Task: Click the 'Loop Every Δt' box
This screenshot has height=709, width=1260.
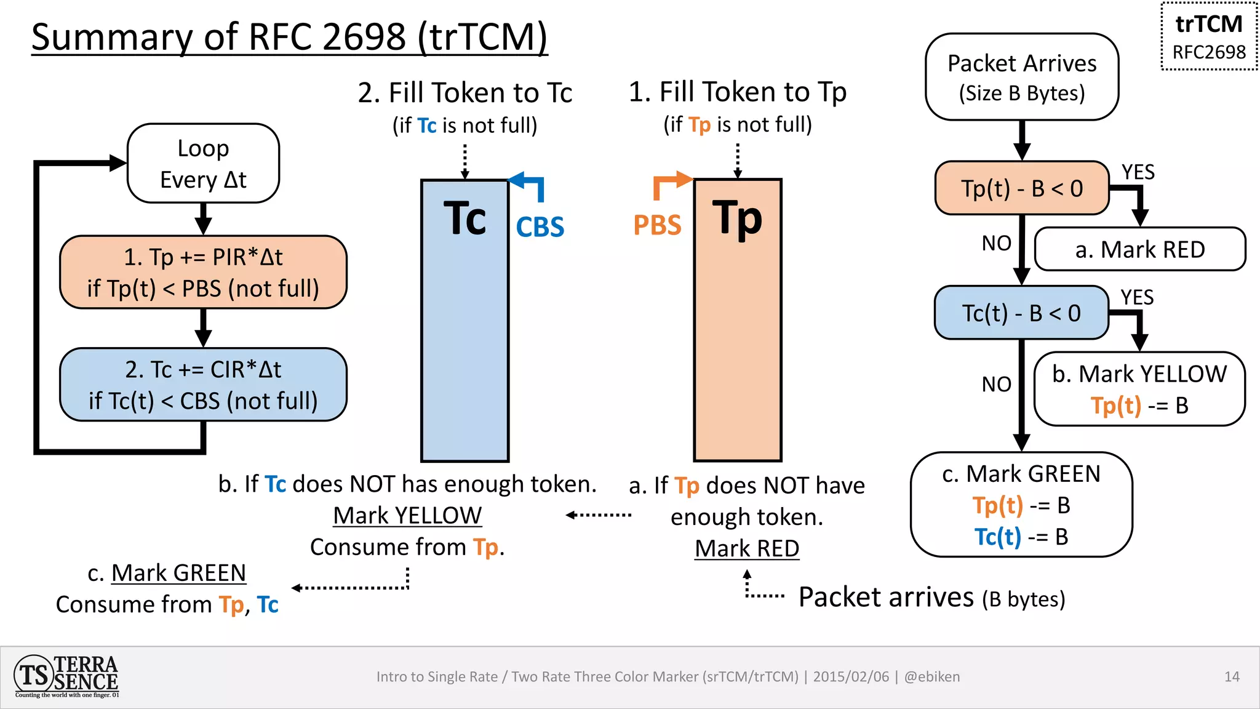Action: pyautogui.click(x=203, y=164)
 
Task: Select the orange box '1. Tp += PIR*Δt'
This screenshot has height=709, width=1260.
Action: pyautogui.click(x=203, y=272)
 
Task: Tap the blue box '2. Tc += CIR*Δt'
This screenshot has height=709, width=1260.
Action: pyautogui.click(x=203, y=385)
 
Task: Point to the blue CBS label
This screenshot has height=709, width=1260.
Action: pyautogui.click(x=540, y=227)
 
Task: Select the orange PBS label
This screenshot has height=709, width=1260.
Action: pyautogui.click(x=657, y=225)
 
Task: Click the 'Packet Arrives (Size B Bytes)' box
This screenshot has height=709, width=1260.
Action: pyautogui.click(x=1021, y=77)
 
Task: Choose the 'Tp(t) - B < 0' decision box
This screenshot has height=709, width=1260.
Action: pyautogui.click(x=1021, y=188)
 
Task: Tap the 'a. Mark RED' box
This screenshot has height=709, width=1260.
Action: pyautogui.click(x=1139, y=249)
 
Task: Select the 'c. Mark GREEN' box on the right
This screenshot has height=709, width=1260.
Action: pyautogui.click(x=1021, y=505)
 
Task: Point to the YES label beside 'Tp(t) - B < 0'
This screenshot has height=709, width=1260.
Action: pyautogui.click(x=1138, y=172)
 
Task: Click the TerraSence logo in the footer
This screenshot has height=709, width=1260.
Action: pyautogui.click(x=66, y=676)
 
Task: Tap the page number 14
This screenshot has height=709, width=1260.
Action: pyautogui.click(x=1232, y=677)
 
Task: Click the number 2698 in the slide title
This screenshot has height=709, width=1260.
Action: pyautogui.click(x=364, y=37)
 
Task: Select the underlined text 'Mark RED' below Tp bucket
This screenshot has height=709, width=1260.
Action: pyautogui.click(x=746, y=548)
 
